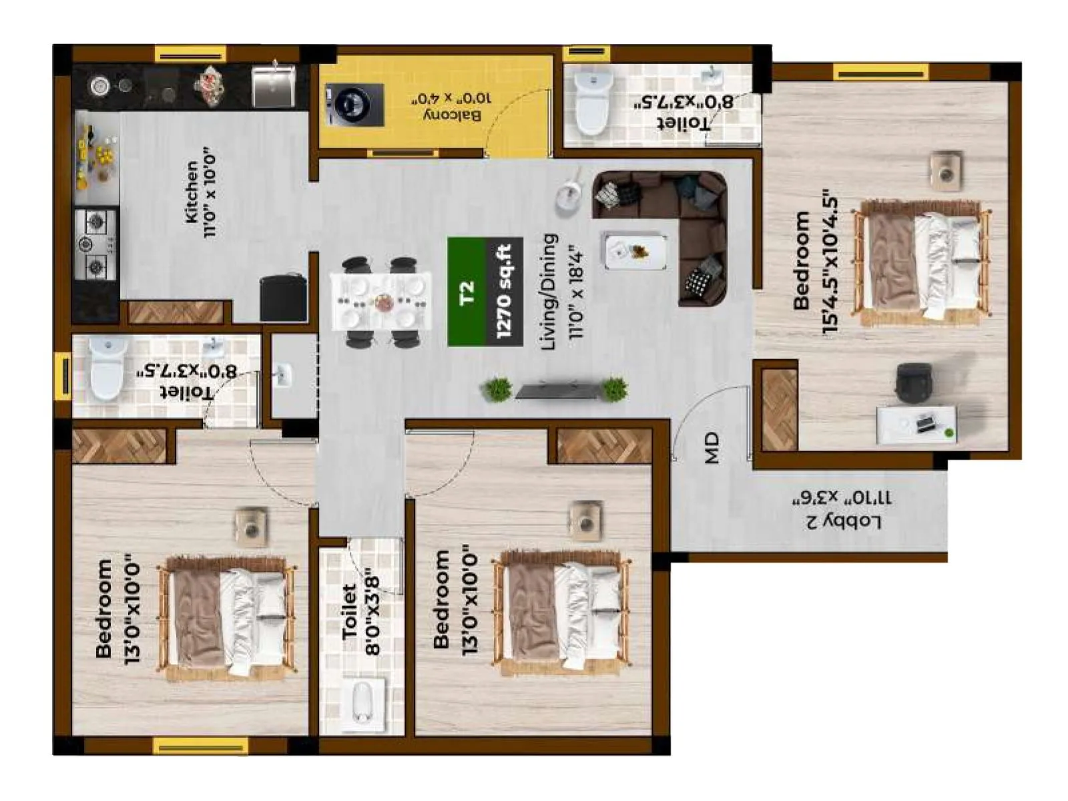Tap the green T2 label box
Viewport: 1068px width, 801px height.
[467, 292]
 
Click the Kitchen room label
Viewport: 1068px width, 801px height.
[200, 192]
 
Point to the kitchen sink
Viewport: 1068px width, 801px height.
[273, 87]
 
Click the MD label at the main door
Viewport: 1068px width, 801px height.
[712, 448]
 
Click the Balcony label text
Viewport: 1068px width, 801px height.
[453, 107]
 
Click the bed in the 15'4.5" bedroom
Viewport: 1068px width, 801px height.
[922, 262]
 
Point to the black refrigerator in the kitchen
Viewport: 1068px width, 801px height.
[284, 298]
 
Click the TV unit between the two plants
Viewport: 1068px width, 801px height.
[555, 390]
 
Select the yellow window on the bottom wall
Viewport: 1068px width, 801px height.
[200, 745]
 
